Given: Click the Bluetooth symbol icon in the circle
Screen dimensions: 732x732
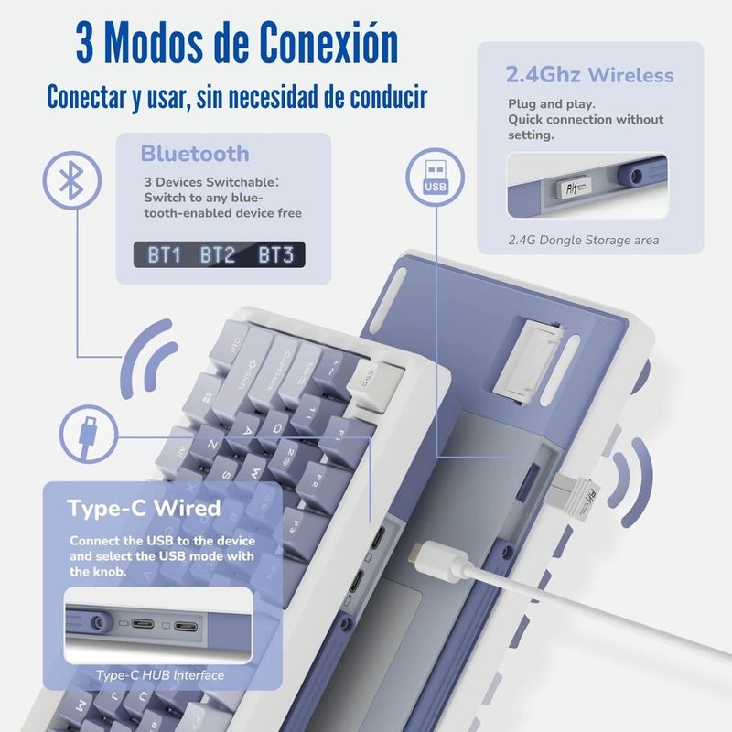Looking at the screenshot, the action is [72, 180].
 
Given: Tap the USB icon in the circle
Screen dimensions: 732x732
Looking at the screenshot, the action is [436, 177].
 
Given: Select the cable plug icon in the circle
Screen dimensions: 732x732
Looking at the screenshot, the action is [88, 434].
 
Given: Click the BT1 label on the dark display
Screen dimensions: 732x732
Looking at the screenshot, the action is [164, 255].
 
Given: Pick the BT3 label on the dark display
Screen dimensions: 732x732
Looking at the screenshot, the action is [276, 255].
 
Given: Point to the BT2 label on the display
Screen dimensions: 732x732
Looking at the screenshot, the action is [218, 255].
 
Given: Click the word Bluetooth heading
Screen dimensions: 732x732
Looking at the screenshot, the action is [195, 154].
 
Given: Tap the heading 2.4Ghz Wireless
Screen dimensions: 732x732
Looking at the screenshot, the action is [589, 75].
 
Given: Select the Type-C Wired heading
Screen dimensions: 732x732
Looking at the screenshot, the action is [144, 508].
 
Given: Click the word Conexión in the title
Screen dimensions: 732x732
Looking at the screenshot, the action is [328, 43].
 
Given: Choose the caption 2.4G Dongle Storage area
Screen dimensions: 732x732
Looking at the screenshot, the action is [584, 240].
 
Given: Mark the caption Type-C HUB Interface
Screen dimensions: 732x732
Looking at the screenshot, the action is [160, 675].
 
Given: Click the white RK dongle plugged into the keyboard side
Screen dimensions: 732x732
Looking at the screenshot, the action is [576, 499].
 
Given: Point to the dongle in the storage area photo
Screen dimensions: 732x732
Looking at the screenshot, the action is [574, 187].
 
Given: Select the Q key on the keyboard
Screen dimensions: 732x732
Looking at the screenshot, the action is [278, 428].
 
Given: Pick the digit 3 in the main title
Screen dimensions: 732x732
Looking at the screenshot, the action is [84, 43].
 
